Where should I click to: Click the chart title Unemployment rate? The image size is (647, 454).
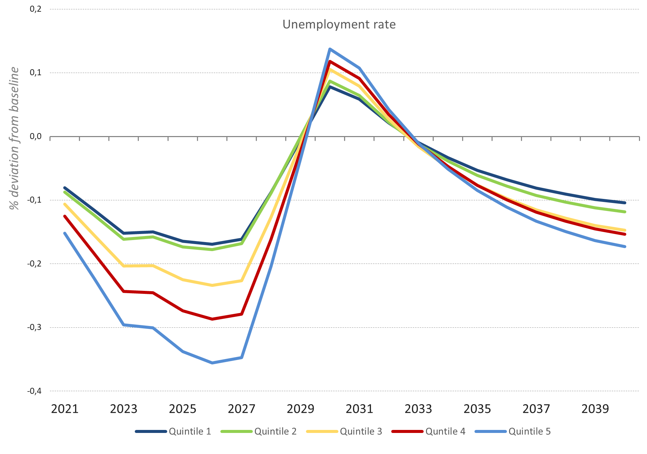pyautogui.click(x=339, y=24)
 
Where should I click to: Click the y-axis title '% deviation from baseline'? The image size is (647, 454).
pyautogui.click(x=14, y=138)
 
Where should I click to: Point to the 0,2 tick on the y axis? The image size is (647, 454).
pyautogui.click(x=35, y=9)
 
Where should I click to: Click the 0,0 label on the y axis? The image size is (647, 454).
pyautogui.click(x=35, y=136)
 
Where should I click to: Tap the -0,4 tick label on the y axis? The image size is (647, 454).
pyautogui.click(x=34, y=391)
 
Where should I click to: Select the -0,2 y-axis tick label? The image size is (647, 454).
pyautogui.click(x=34, y=263)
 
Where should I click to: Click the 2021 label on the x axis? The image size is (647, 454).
pyautogui.click(x=65, y=409)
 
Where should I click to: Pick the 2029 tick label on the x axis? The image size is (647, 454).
pyautogui.click(x=300, y=409)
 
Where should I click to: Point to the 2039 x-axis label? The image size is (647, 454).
pyautogui.click(x=595, y=409)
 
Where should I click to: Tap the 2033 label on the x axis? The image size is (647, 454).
pyautogui.click(x=418, y=409)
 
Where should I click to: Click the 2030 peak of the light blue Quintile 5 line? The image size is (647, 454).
pyautogui.click(x=330, y=49)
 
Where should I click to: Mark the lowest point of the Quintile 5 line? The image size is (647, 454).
pyautogui.click(x=212, y=363)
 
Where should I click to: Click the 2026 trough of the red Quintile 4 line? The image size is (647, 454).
pyautogui.click(x=212, y=319)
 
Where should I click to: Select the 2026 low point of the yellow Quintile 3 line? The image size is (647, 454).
pyautogui.click(x=212, y=285)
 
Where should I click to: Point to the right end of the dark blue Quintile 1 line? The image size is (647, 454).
pyautogui.click(x=625, y=203)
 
